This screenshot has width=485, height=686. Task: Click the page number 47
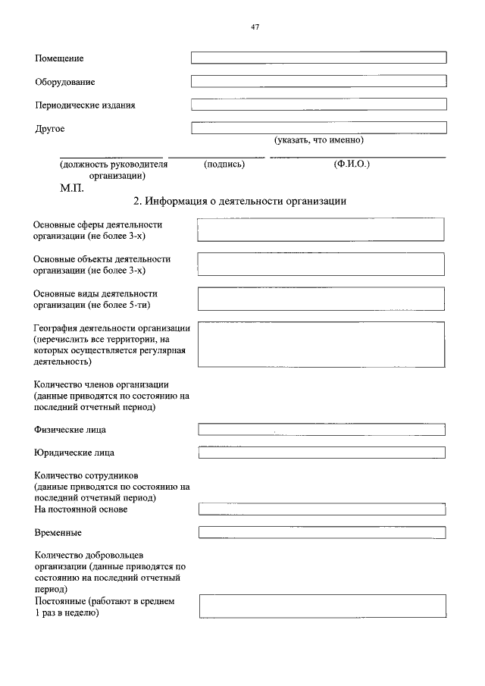(255, 27)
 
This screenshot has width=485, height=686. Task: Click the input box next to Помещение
(318, 58)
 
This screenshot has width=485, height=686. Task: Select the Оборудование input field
(318, 81)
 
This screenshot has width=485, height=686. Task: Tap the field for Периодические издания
(318, 105)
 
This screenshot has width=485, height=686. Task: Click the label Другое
(50, 129)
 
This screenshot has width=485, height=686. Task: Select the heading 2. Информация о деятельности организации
(239, 202)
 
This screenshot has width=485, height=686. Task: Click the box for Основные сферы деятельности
(321, 230)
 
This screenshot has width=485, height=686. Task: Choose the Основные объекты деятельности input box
(321, 264)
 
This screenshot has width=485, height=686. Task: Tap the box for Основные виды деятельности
(321, 299)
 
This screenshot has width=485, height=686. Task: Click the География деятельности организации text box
(321, 344)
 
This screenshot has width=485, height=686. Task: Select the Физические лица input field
(321, 430)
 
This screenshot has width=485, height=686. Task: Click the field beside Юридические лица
(321, 453)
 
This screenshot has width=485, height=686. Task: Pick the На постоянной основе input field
(321, 509)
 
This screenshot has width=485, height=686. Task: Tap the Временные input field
(321, 532)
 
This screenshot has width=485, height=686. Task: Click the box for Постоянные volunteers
(321, 606)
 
